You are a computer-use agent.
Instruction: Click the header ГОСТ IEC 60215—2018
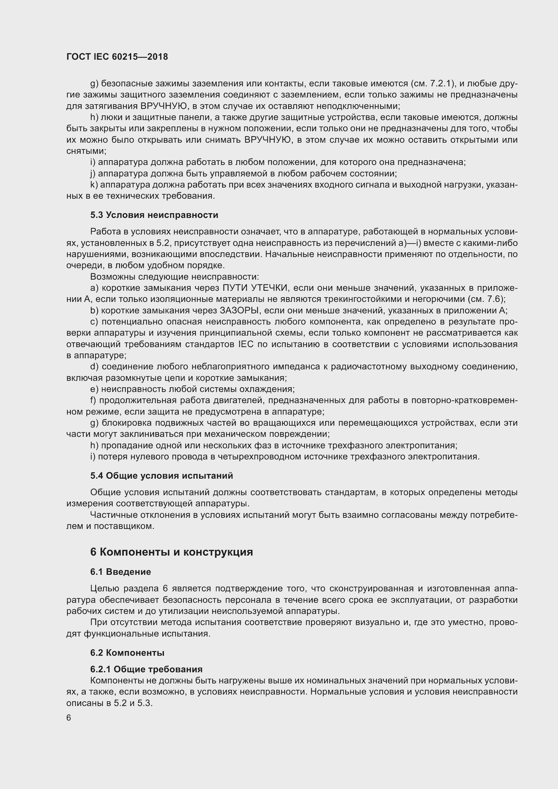coord(117,57)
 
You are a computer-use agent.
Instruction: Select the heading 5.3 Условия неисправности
coord(154,215)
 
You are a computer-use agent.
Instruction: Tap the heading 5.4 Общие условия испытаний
coord(162,476)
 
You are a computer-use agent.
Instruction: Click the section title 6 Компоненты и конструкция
coord(171,552)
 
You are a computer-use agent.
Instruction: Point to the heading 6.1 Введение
coord(120,572)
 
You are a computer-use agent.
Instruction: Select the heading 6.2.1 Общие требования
coord(146,669)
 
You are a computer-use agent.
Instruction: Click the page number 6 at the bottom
coord(69,718)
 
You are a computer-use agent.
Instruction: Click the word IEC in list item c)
coord(245,344)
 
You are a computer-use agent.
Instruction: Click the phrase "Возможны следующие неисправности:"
coord(174,277)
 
